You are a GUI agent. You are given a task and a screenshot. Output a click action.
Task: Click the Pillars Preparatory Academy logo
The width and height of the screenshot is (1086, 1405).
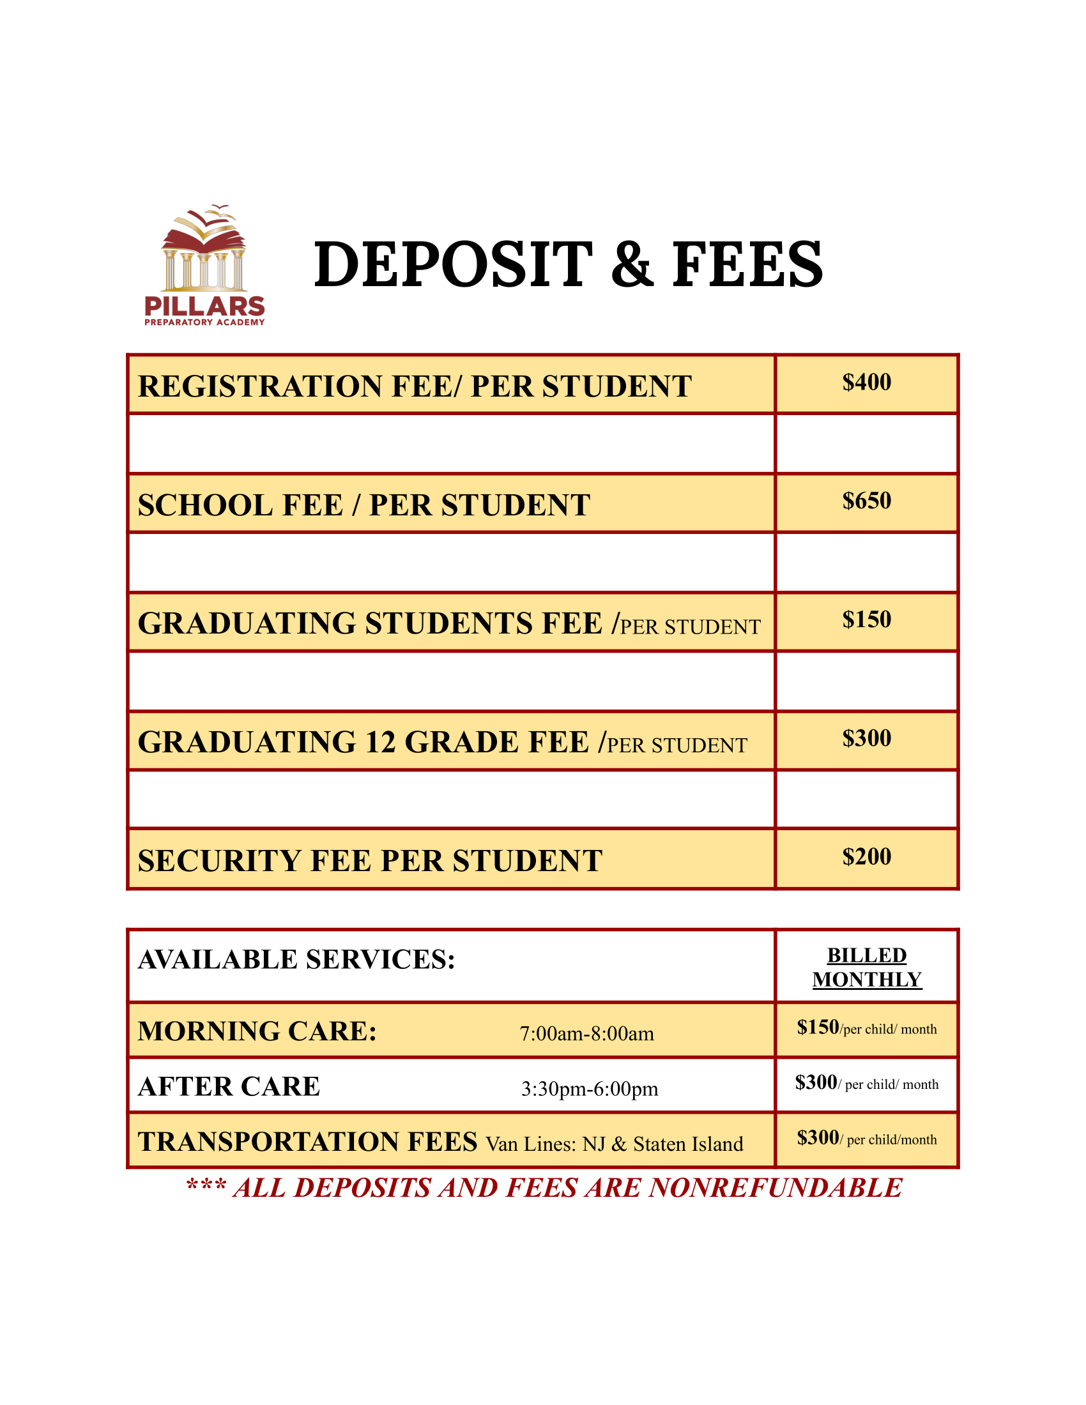tap(204, 266)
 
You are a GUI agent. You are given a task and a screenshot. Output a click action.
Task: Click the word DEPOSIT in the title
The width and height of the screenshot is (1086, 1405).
tap(453, 264)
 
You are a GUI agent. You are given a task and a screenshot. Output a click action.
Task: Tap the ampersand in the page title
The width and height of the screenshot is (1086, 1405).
tap(632, 264)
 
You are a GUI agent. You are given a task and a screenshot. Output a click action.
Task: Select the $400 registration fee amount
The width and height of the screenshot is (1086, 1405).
tap(867, 382)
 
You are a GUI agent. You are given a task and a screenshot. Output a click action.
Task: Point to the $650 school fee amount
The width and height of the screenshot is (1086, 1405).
tap(867, 501)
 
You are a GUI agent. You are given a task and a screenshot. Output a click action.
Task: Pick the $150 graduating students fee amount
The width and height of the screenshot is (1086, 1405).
tap(867, 619)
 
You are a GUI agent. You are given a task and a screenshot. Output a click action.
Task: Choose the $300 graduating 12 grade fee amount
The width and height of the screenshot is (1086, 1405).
tap(867, 738)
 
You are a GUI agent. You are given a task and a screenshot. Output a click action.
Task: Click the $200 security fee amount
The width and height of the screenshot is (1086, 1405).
tap(867, 856)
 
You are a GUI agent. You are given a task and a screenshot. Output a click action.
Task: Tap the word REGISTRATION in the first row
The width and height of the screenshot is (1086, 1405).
tap(260, 386)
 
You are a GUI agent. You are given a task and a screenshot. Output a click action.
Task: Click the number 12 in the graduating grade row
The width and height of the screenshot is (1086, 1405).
tap(379, 742)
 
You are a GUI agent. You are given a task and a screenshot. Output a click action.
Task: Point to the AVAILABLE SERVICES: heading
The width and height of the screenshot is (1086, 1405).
tap(296, 959)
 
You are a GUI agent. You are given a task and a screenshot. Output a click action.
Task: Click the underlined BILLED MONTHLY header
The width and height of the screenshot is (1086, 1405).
tap(867, 967)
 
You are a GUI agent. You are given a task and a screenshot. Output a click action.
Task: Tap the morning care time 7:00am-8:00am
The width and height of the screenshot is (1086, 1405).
tap(586, 1034)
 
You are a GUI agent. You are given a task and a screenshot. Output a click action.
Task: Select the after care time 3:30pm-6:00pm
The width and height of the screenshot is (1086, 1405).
tap(590, 1088)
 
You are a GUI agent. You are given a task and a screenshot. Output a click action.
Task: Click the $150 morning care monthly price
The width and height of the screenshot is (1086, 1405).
tap(818, 1027)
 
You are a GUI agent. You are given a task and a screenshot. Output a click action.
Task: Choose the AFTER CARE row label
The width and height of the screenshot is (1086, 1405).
tap(229, 1086)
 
